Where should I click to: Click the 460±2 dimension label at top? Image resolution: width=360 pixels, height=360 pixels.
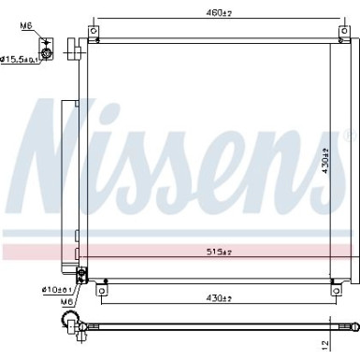coord(220,13)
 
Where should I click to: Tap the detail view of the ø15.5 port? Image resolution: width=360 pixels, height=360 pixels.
coord(47,51)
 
